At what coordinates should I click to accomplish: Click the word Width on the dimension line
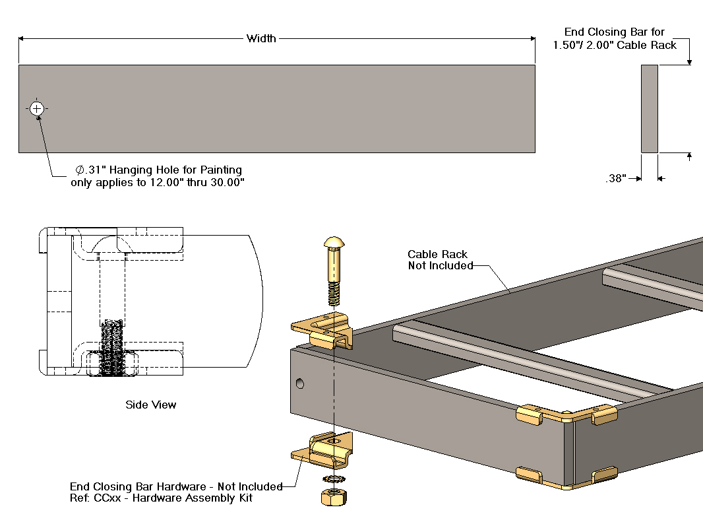point(261,38)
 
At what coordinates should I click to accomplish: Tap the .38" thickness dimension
point(616,178)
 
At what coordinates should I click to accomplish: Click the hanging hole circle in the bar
point(36,108)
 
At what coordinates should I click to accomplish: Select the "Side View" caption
point(151,405)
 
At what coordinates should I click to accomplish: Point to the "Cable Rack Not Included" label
point(438,260)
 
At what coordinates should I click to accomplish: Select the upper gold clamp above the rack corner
point(323,332)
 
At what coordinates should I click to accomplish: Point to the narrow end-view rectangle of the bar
point(649,109)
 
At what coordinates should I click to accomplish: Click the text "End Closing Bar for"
point(615,32)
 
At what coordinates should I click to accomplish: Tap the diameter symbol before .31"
point(80,170)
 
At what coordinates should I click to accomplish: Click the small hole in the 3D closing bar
point(301,383)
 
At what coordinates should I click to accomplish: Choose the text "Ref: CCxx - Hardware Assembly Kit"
point(161,498)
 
